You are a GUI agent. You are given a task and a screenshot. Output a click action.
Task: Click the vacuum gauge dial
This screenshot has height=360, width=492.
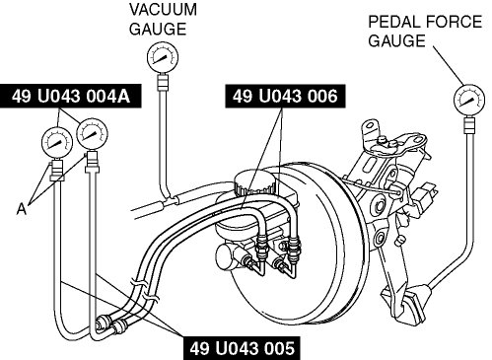pyautogui.click(x=163, y=57)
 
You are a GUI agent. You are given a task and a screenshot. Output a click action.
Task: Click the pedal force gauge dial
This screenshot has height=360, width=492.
pyautogui.click(x=469, y=101)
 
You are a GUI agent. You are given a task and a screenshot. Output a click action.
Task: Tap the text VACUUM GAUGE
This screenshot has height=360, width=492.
pyautogui.click(x=163, y=19)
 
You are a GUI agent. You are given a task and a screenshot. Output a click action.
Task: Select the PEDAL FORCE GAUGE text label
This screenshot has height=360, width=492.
pyautogui.click(x=425, y=32)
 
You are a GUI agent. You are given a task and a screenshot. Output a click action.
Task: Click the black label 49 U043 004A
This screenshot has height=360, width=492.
pyautogui.click(x=71, y=97)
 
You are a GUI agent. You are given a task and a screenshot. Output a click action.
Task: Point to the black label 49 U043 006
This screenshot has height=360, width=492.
pyautogui.click(x=285, y=96)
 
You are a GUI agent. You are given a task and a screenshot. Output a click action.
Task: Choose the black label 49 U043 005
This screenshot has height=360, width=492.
pyautogui.click(x=243, y=348)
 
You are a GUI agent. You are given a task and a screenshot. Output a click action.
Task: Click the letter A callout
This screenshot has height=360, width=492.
pyautogui.click(x=22, y=209)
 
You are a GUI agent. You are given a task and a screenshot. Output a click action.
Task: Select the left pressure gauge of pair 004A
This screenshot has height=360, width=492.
pyautogui.click(x=57, y=143)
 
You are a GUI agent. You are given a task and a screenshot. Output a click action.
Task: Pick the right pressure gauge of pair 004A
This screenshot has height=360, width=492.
pyautogui.click(x=93, y=134)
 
